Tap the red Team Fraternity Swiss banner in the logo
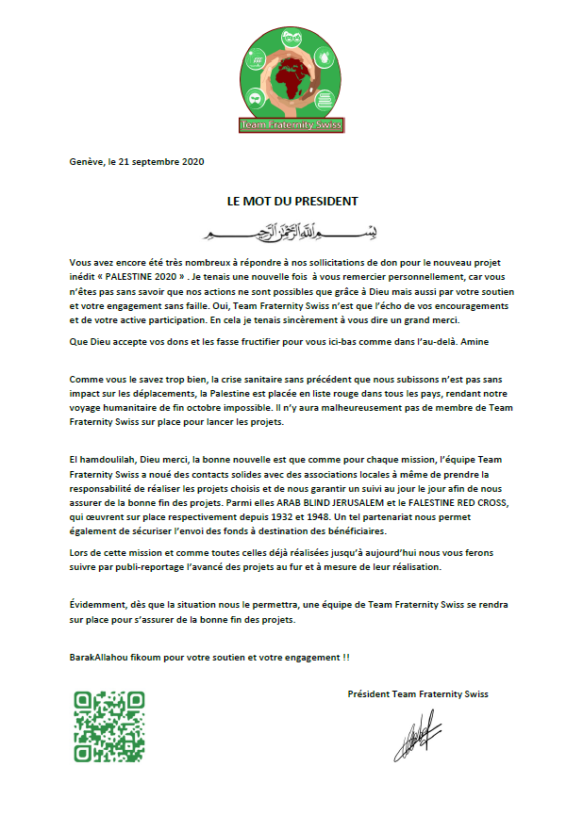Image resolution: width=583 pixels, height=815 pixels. [291, 125]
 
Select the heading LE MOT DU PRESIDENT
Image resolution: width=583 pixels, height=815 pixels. [292, 201]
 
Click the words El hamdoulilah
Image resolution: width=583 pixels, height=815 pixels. [105, 457]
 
